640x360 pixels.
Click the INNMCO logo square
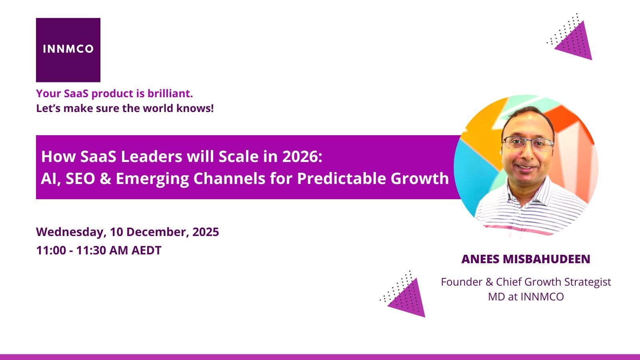click(68, 50)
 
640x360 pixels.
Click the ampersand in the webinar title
click(105, 179)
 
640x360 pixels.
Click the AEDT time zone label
click(146, 250)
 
